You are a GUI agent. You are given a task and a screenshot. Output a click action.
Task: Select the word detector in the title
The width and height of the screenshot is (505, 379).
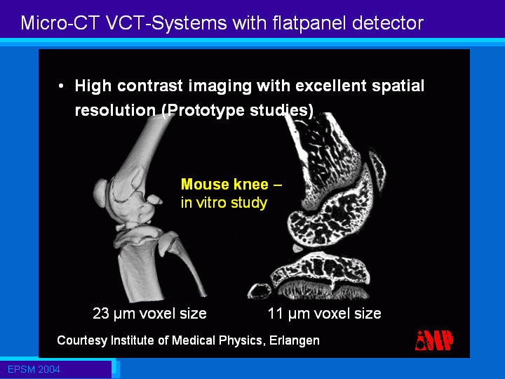pos(387,23)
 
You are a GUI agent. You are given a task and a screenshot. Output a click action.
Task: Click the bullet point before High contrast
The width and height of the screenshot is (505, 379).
pos(61,86)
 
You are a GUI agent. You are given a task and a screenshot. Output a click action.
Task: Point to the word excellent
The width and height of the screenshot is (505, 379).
pos(331,86)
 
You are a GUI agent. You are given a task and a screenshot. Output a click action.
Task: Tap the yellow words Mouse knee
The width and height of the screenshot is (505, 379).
pos(224,185)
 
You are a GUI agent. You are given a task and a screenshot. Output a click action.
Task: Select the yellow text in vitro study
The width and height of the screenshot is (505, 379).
pos(224,203)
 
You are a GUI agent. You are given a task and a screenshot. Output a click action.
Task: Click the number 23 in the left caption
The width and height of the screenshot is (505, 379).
pos(100,313)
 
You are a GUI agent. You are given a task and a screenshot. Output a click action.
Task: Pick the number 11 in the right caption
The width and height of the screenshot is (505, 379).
pos(275,313)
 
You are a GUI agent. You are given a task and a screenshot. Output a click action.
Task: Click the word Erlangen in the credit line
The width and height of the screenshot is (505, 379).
pos(295,340)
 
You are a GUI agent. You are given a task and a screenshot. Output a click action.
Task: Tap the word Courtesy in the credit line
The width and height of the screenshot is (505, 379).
pos(82,340)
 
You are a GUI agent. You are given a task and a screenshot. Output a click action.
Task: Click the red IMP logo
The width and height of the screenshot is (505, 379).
pos(434,340)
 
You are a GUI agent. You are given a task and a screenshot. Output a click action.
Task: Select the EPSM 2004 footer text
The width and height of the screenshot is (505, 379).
pos(34,369)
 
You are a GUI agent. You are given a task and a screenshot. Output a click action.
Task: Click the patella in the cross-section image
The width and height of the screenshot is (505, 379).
pos(377,170)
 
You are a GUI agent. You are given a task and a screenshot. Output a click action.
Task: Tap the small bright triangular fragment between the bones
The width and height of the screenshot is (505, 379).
pos(297,248)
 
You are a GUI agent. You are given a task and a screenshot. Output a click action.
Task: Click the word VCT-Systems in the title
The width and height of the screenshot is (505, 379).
pos(166,23)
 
